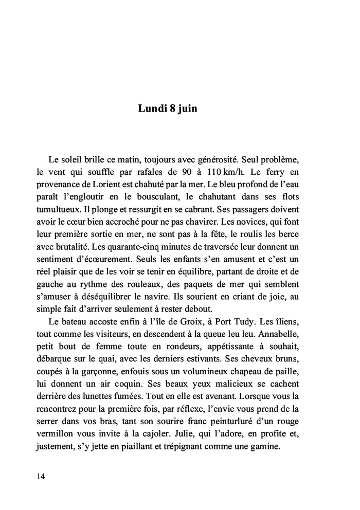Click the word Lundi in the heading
click(x=150, y=109)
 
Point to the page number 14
click(x=41, y=476)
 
